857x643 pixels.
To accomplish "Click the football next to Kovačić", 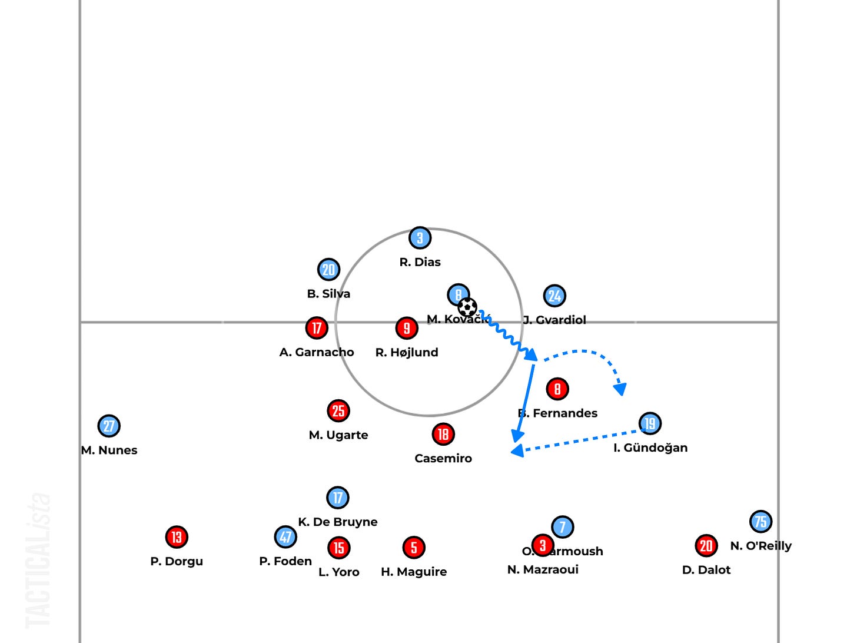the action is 467,307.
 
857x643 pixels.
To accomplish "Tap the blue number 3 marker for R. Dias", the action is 420,238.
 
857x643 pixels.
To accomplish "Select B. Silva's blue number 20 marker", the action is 328,270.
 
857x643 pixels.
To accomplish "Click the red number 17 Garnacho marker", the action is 317,328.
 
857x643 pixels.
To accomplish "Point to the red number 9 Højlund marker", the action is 406,328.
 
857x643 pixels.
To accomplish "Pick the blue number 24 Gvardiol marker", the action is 554,296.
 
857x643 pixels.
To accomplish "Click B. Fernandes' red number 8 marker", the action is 557,389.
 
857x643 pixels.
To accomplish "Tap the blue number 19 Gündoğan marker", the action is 650,423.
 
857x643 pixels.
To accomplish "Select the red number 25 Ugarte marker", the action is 338,411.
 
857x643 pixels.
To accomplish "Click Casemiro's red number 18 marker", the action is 443,435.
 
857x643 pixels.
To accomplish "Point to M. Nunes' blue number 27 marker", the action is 109,426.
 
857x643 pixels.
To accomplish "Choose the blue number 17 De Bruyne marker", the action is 337,498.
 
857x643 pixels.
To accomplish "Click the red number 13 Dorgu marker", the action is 176,537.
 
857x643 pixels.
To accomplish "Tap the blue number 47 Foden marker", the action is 285,537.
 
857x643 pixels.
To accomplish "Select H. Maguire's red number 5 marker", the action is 413,548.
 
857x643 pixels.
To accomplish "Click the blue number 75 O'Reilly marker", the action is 760,522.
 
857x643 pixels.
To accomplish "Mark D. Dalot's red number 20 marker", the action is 706,546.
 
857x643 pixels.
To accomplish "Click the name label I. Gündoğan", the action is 650,448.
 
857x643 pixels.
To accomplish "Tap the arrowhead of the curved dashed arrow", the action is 620,389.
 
